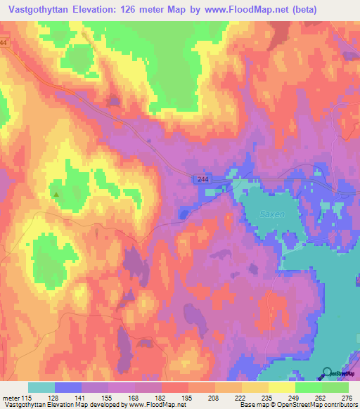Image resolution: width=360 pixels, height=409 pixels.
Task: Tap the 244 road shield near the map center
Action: click(x=202, y=181)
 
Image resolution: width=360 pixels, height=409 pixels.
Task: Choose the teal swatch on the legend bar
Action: click(x=41, y=387)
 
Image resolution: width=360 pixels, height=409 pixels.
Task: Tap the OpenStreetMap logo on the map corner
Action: click(x=339, y=373)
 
